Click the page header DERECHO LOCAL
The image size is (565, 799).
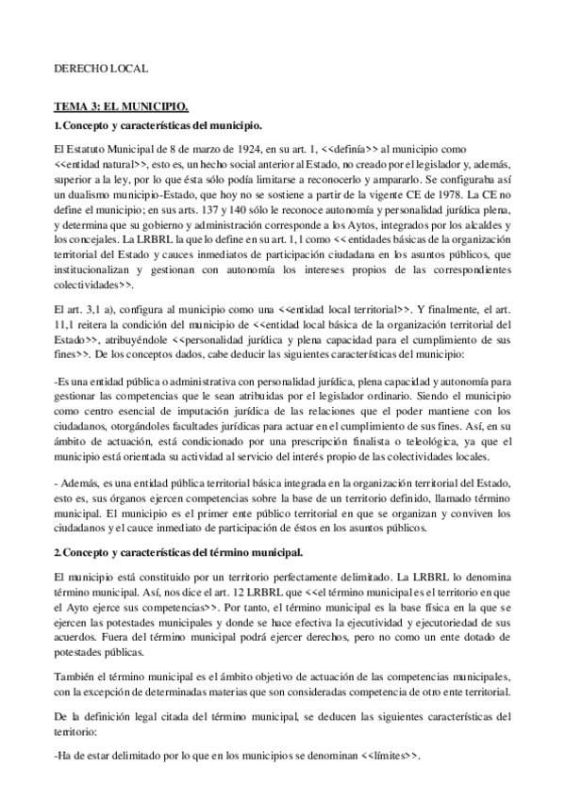(x=99, y=69)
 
